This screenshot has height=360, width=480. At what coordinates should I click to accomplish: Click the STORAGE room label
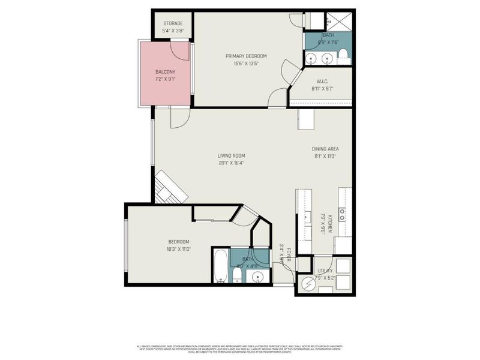173,23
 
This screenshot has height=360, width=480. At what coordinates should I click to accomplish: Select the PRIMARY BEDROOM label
246,56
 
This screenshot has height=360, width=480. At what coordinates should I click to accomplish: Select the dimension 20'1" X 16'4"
231,163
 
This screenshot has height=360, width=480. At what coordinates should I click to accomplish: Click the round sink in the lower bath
257,277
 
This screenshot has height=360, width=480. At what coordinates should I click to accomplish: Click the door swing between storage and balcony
178,50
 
